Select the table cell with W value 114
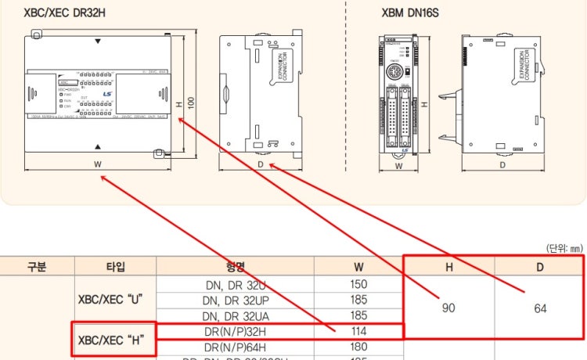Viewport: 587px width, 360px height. click(358, 332)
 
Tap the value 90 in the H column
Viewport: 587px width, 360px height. click(448, 308)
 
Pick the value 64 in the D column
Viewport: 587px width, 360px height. click(540, 308)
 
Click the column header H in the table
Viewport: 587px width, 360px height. click(448, 267)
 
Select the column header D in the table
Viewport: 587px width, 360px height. click(540, 267)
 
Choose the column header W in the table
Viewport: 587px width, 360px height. click(358, 267)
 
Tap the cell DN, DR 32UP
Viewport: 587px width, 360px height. click(232, 300)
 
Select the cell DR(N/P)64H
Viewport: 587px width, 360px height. click(232, 347)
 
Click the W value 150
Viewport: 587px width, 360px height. click(358, 284)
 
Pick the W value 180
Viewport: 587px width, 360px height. click(358, 347)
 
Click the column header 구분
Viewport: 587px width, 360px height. click(37, 267)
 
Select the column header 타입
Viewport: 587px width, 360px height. click(114, 267)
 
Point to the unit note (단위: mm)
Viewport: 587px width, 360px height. click(566, 248)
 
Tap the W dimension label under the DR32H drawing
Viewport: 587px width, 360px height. click(97, 164)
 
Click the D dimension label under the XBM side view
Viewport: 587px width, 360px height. click(502, 164)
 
